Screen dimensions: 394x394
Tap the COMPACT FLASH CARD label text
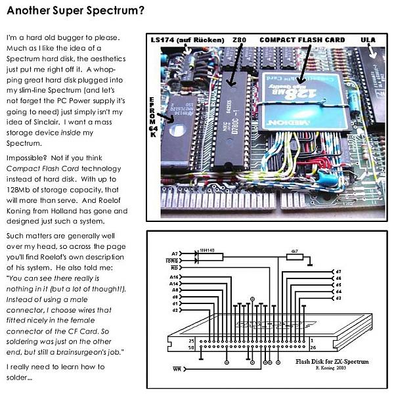[302, 40]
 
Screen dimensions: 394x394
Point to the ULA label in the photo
[368, 40]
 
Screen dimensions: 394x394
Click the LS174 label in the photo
[187, 40]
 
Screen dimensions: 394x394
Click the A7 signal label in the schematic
[175, 253]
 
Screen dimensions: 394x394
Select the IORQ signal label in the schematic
[173, 260]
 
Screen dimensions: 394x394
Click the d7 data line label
[338, 271]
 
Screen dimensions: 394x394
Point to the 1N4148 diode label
[206, 250]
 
